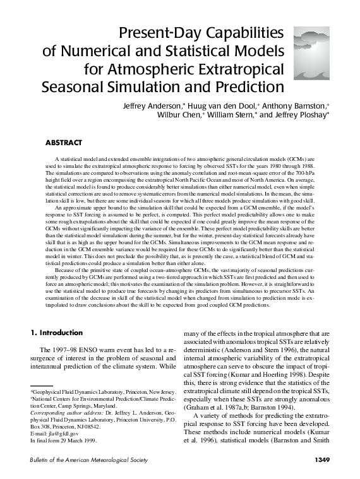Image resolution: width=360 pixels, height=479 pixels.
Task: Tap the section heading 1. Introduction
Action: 57,333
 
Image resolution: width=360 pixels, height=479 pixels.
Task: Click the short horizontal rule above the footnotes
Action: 42,386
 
